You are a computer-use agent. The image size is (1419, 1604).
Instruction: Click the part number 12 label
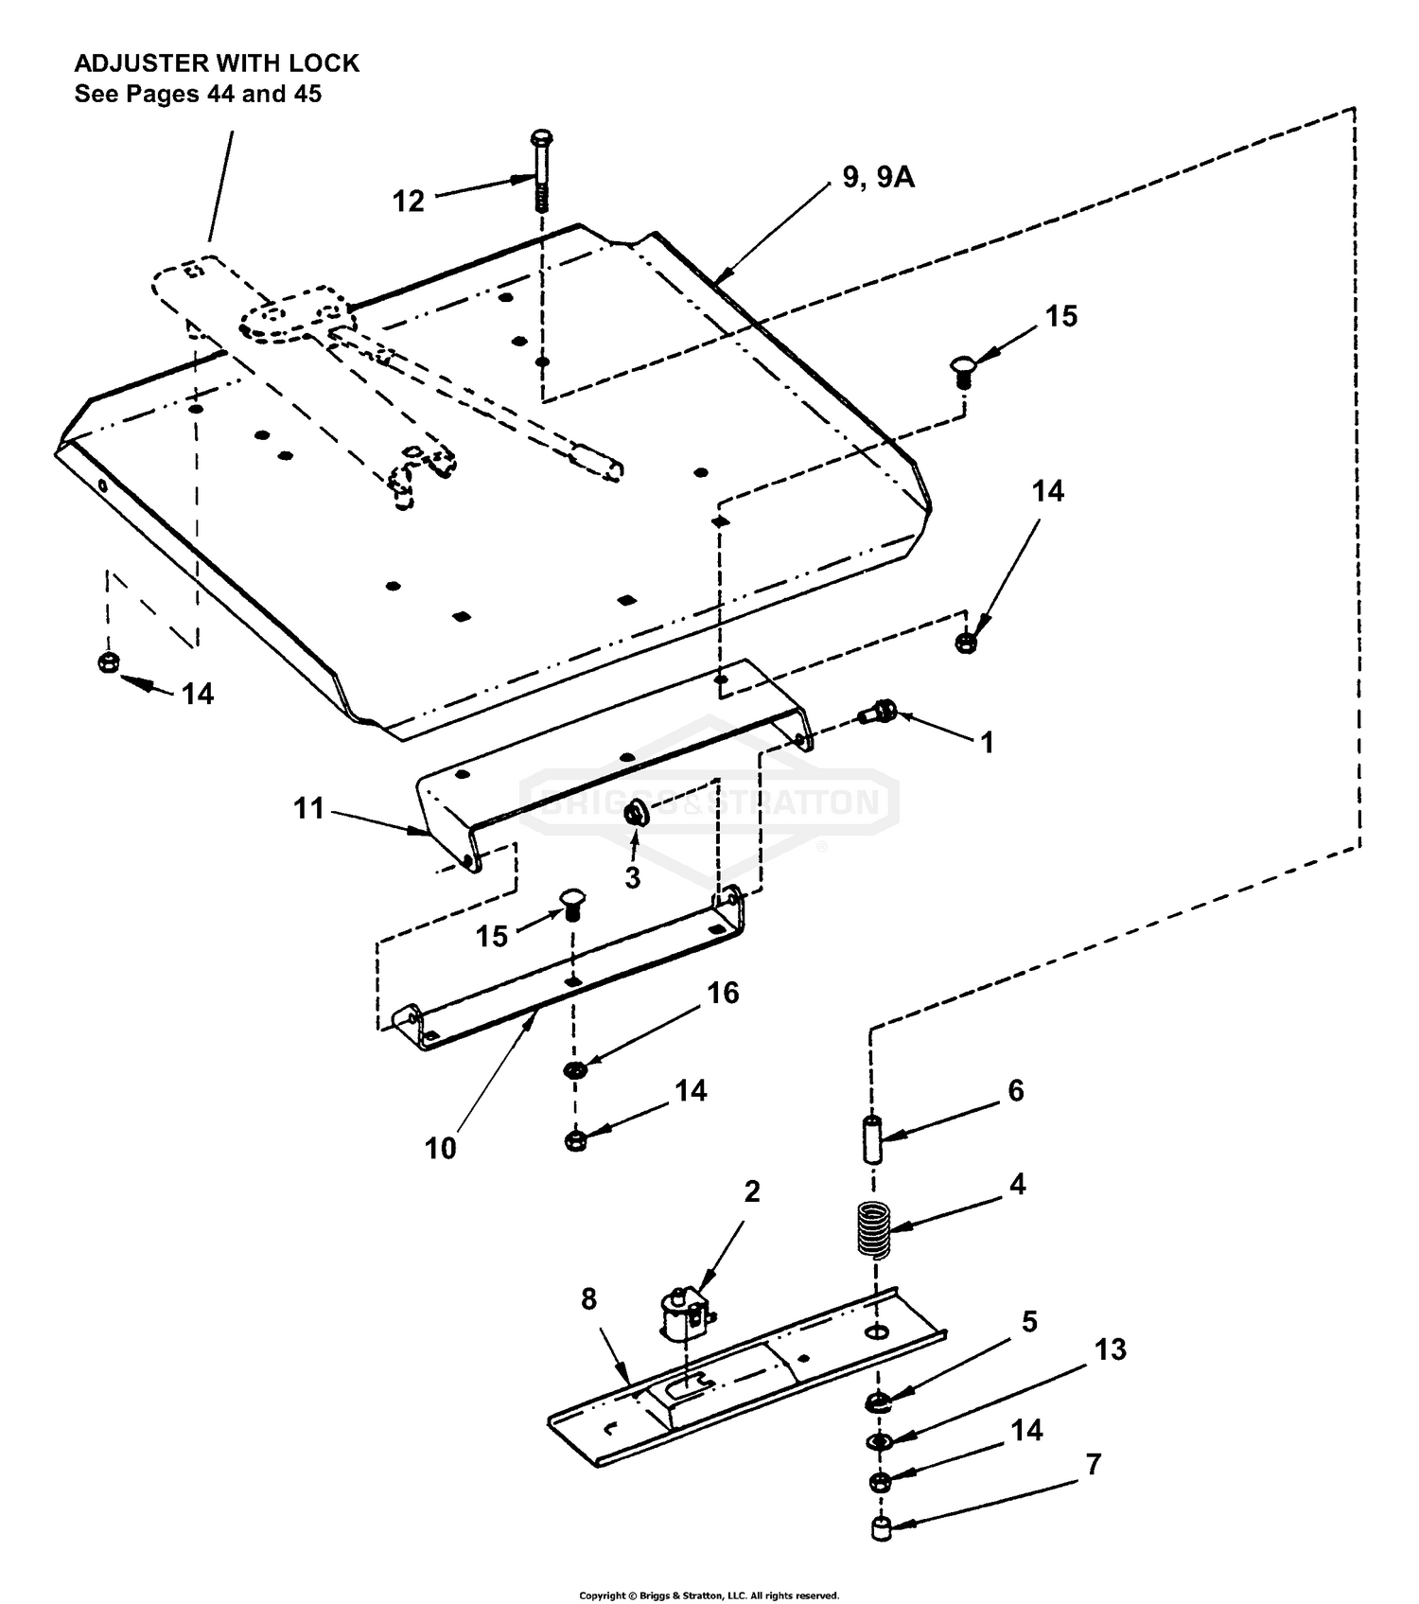[x=409, y=202]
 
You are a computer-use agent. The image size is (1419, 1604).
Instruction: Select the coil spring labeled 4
[x=874, y=1229]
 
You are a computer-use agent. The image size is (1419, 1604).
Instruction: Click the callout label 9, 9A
[x=879, y=177]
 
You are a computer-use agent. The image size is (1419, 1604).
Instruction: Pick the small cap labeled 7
[x=882, y=1529]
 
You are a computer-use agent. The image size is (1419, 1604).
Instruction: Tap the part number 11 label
[x=308, y=809]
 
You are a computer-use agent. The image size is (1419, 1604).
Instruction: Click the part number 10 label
[x=440, y=1148]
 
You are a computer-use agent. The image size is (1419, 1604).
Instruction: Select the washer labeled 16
[x=573, y=1070]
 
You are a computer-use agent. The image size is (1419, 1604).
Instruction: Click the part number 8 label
[x=588, y=1299]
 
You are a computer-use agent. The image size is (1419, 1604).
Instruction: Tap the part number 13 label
[x=1110, y=1349]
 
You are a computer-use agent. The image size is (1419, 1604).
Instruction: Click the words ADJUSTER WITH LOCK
[x=217, y=63]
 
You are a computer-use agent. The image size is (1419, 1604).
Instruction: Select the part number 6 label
[x=1015, y=1091]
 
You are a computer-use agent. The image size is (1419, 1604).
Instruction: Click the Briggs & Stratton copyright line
[x=709, y=1595]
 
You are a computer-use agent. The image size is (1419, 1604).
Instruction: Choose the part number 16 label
[x=723, y=993]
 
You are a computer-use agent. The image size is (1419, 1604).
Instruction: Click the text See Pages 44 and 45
[x=198, y=94]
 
